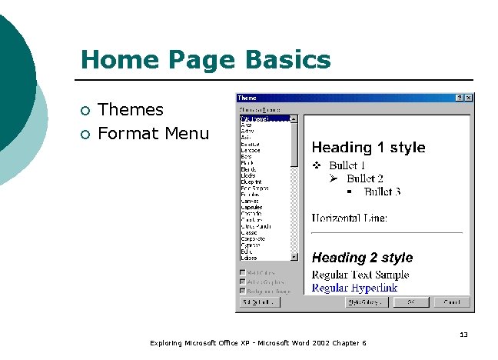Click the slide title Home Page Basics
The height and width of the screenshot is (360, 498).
coord(205,60)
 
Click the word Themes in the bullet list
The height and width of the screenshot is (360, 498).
coord(131,110)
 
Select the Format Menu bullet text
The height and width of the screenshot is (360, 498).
coord(154,134)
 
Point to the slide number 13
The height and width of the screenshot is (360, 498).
coord(463,335)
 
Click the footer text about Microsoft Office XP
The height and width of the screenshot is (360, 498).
coord(258,343)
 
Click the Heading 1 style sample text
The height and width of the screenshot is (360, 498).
coord(368,148)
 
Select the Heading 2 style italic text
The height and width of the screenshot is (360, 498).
coord(362,258)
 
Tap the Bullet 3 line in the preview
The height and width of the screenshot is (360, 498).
coord(382,192)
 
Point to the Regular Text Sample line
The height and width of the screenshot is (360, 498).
coord(360,275)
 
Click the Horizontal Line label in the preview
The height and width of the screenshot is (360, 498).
coord(350,218)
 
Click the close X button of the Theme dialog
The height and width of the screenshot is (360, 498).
coord(469,98)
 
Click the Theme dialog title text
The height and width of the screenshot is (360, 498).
coord(247,98)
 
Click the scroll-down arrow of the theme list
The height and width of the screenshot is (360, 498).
coord(294,257)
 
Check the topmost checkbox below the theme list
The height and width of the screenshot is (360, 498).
coord(243,272)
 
